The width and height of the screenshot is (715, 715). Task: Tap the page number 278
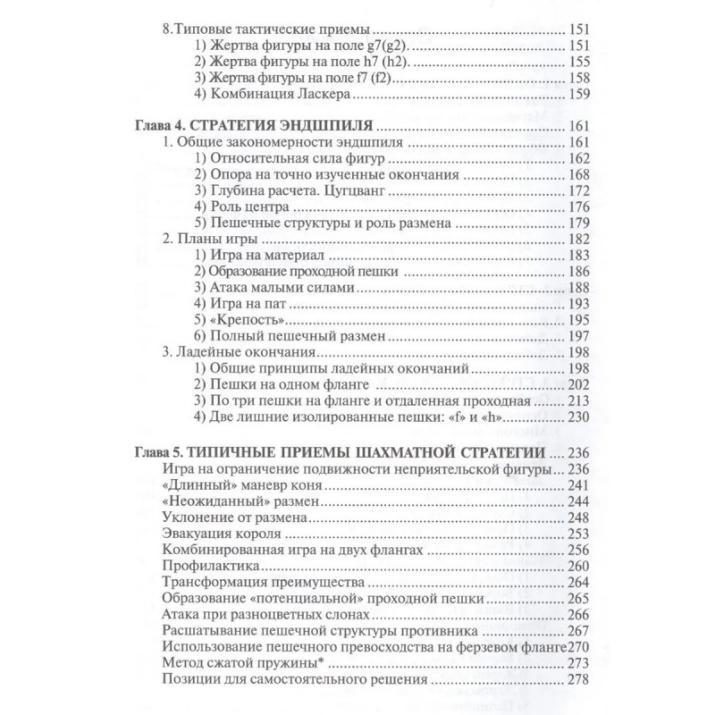click(x=578, y=681)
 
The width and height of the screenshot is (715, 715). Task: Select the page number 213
click(x=578, y=401)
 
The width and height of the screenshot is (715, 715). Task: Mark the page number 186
click(x=578, y=271)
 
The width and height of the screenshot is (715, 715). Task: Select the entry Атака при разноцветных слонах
click(x=267, y=616)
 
